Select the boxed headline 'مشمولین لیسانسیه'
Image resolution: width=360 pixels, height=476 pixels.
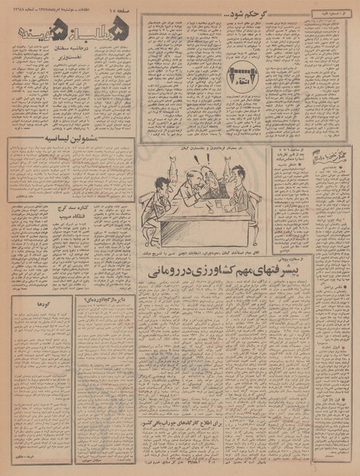[x=50, y=146]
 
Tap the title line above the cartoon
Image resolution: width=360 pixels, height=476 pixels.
[x=209, y=149]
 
